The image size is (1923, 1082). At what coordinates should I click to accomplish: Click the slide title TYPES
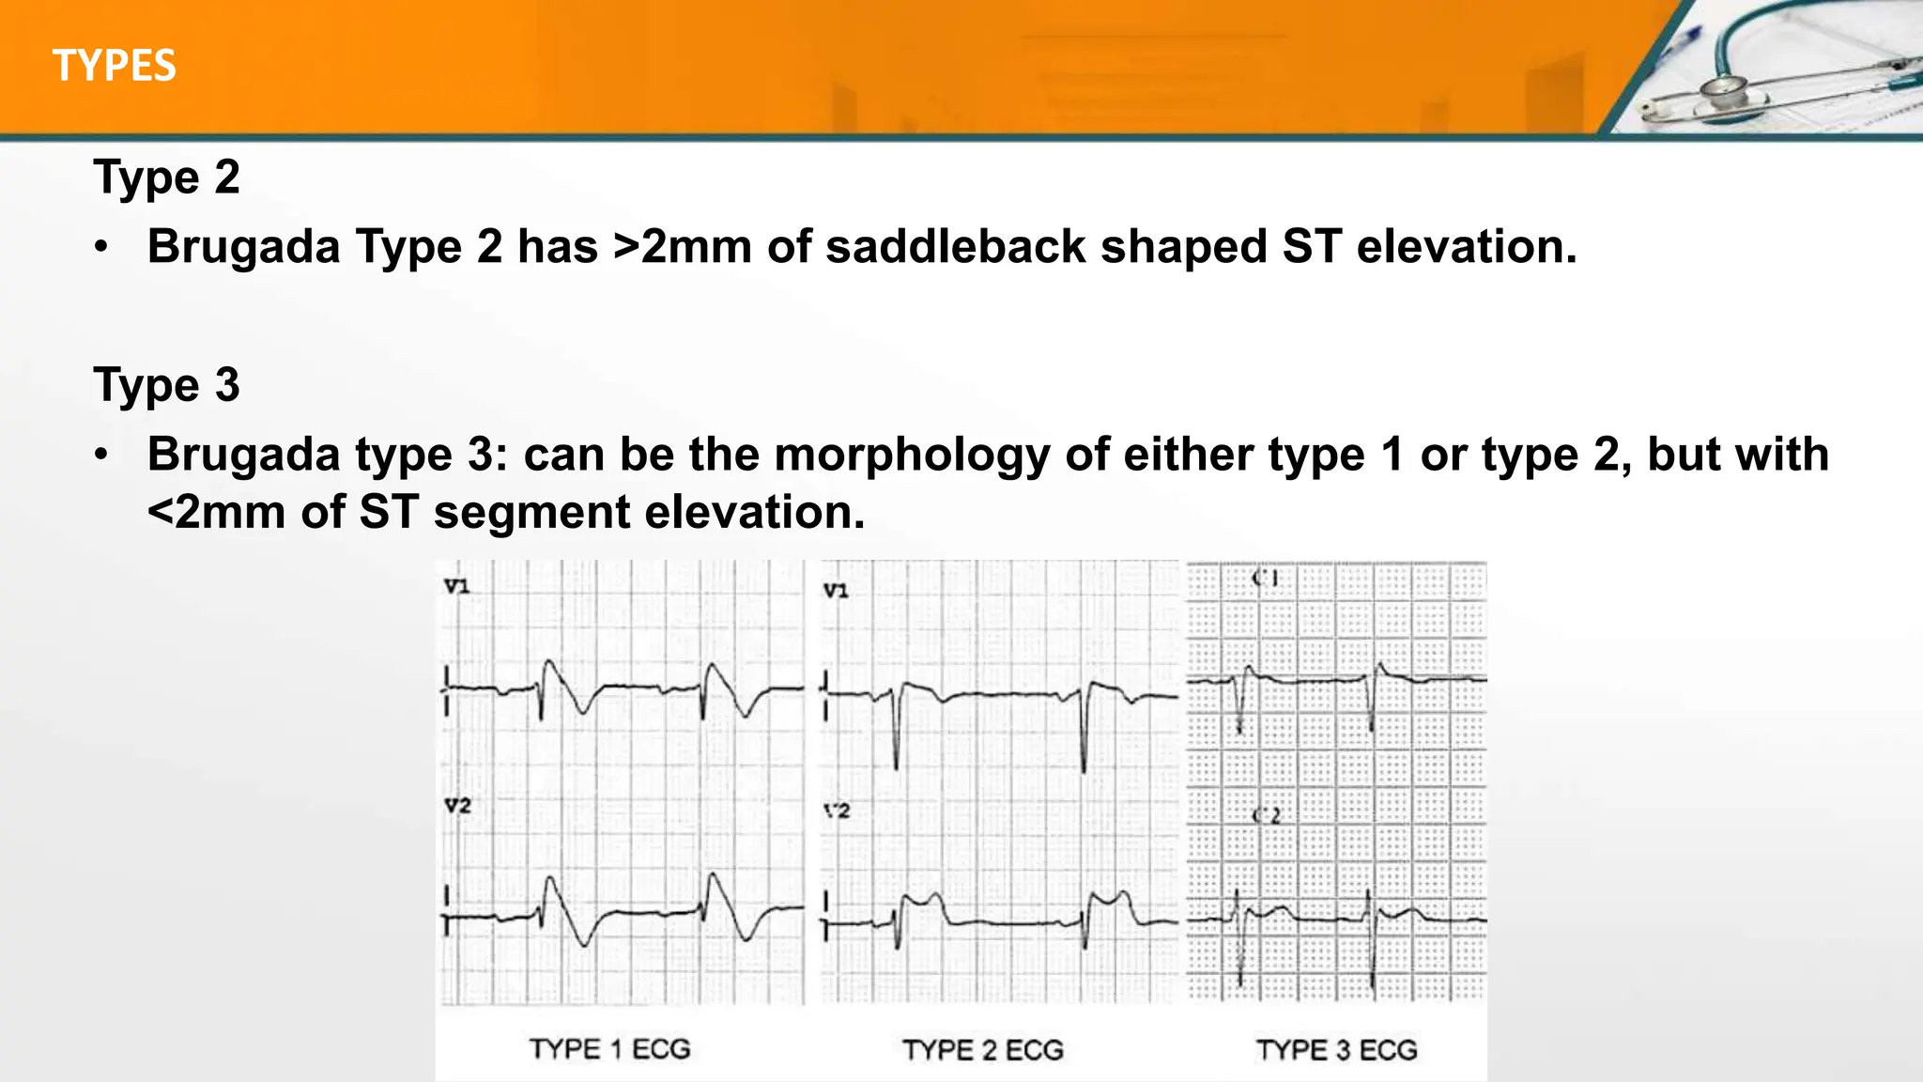114,66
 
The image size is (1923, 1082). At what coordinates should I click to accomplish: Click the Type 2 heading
166,177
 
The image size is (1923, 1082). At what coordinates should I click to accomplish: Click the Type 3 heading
166,384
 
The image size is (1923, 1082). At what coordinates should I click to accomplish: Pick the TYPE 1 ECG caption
609,1048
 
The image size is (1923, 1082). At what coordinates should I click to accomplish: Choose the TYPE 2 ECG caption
982,1049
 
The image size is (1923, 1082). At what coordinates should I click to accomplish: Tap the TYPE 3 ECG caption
1336,1049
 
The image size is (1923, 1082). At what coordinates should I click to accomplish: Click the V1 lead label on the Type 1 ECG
456,586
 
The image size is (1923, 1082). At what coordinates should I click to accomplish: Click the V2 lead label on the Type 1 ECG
456,805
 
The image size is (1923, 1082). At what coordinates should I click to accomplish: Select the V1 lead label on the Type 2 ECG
835,590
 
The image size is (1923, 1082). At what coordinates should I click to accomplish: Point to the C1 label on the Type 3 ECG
1265,578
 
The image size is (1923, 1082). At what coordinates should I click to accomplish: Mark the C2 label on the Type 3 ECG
1266,815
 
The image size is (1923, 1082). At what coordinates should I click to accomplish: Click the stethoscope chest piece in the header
1719,92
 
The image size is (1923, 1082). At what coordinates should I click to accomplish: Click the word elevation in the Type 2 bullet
1466,247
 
